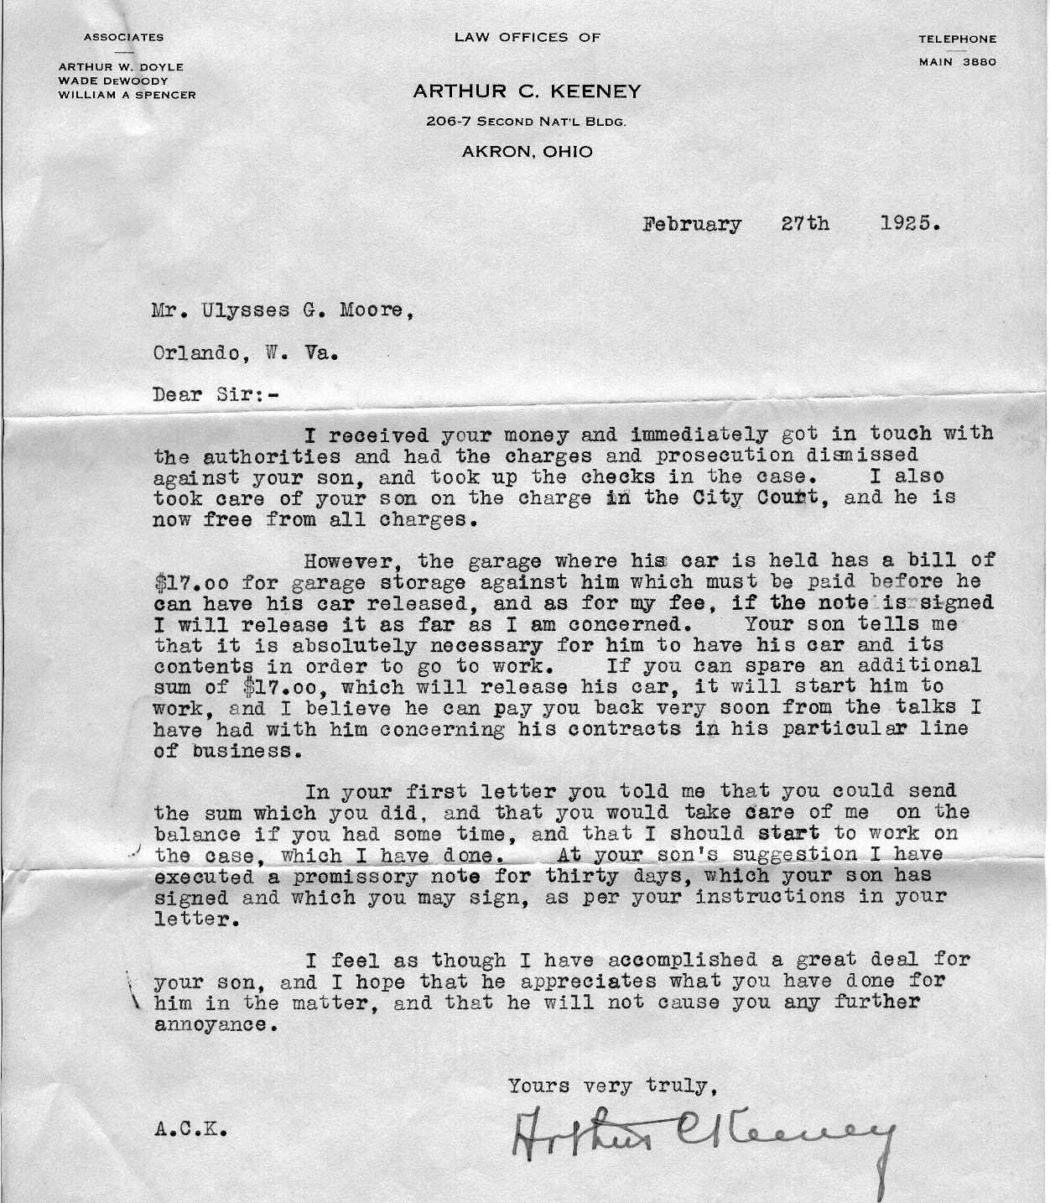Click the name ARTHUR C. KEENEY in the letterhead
pyautogui.click(x=527, y=91)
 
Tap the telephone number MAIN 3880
pyautogui.click(x=958, y=61)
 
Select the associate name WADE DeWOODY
pyautogui.click(x=113, y=81)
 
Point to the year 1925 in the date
pyautogui.click(x=911, y=225)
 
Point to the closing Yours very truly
pyautogui.click(x=612, y=1086)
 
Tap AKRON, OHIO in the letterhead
pyautogui.click(x=527, y=152)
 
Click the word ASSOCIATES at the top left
pyautogui.click(x=123, y=38)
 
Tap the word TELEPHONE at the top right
pyautogui.click(x=958, y=39)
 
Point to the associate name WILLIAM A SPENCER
pyautogui.click(x=127, y=95)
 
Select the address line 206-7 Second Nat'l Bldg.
pyautogui.click(x=527, y=122)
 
